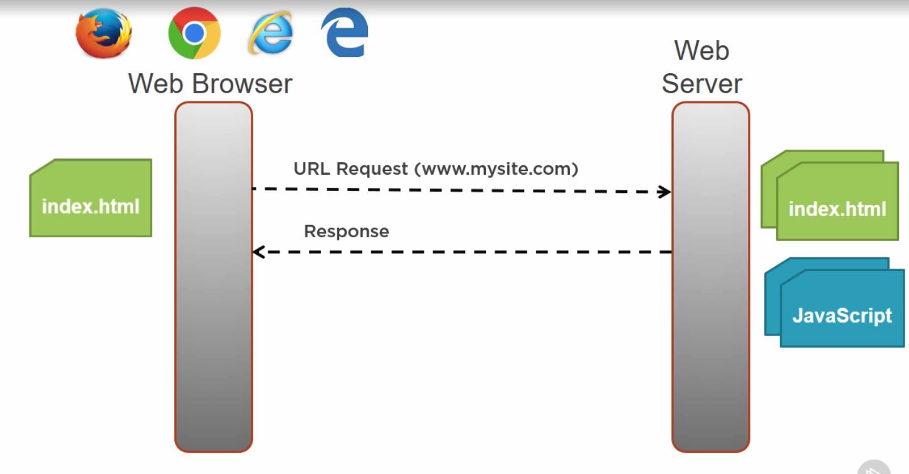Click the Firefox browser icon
[x=103, y=33]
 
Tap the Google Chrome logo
[x=194, y=33]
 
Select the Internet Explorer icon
[x=270, y=33]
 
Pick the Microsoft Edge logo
[x=344, y=33]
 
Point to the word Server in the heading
[x=701, y=84]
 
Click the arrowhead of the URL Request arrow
[x=665, y=192]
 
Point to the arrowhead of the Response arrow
[x=258, y=252]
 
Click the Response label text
[x=346, y=231]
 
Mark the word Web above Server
[x=701, y=50]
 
